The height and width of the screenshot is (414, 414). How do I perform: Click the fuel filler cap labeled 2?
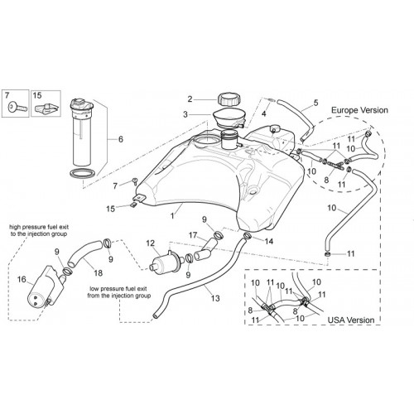(x=229, y=100)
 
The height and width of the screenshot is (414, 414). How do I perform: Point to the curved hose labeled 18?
(x=84, y=252)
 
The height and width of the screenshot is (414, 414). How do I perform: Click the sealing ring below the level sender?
(x=84, y=174)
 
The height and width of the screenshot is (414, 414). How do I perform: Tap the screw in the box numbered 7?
(x=17, y=107)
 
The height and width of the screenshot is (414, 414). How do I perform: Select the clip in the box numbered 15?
(x=46, y=108)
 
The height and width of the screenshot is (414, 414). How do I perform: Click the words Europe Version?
(x=359, y=110)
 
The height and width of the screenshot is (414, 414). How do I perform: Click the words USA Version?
(x=351, y=320)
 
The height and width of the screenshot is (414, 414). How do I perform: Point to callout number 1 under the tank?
(x=172, y=215)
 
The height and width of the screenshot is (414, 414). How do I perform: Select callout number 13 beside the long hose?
(x=215, y=298)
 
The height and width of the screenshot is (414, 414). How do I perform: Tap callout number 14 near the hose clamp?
(x=269, y=241)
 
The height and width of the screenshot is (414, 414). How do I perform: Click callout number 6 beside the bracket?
(x=121, y=139)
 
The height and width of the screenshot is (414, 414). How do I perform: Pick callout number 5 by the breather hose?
(x=315, y=103)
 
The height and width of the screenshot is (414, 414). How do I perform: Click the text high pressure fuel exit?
(x=39, y=227)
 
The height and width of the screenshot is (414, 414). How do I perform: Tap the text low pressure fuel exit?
(x=118, y=289)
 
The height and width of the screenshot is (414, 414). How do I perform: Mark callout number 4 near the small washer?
(x=264, y=113)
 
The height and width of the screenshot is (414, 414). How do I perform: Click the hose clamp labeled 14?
(x=247, y=235)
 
